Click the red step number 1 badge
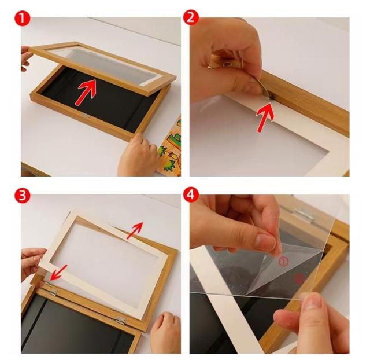(23, 19)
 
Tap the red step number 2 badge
(191, 17)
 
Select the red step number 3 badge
(23, 196)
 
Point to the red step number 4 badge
(191, 194)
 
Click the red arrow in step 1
(86, 93)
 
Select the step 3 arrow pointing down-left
(59, 273)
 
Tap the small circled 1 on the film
(283, 261)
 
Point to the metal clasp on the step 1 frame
(86, 116)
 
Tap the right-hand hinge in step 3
(121, 320)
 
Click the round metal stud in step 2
(228, 63)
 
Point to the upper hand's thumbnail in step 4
(265, 243)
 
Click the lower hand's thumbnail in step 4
(314, 304)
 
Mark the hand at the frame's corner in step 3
(165, 333)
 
